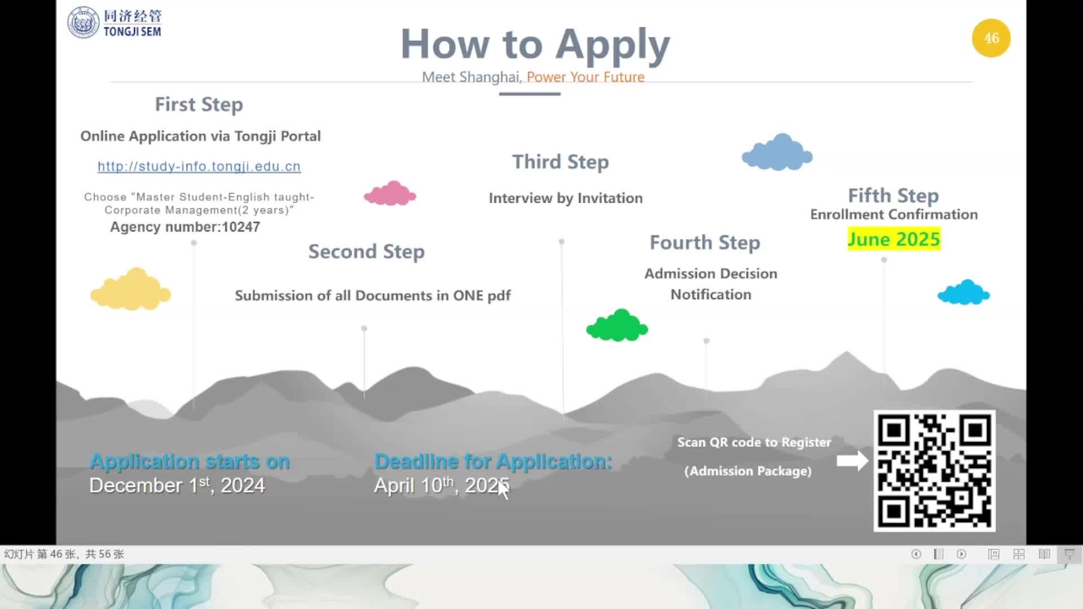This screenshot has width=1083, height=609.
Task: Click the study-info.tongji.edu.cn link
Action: point(199,166)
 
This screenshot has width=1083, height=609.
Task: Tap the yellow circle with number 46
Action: point(991,38)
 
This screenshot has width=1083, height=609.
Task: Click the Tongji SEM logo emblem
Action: point(83,23)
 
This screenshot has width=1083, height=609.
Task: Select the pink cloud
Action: point(390,194)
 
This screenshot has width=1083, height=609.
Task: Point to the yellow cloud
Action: point(130,290)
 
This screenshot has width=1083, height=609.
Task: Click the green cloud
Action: point(617,326)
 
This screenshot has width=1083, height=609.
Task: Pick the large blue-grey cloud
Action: point(777,153)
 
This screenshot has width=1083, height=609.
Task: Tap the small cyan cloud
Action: point(963,293)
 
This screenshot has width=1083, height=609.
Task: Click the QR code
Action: point(934,471)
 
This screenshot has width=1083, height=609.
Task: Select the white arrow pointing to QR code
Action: point(852,461)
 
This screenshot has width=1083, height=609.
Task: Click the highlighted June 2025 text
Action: point(894,239)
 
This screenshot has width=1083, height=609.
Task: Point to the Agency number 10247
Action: point(185,227)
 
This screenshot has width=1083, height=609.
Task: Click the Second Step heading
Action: point(367,251)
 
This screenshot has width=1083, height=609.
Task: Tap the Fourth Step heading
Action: point(705,242)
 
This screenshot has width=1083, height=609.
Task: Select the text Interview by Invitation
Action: point(566,198)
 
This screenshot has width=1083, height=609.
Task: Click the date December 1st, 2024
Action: point(177,486)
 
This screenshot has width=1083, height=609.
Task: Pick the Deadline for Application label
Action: point(494,461)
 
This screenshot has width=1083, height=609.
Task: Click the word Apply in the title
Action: point(613,45)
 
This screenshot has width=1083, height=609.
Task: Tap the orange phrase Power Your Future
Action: point(585,77)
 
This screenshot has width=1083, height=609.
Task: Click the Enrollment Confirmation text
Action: point(894,214)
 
